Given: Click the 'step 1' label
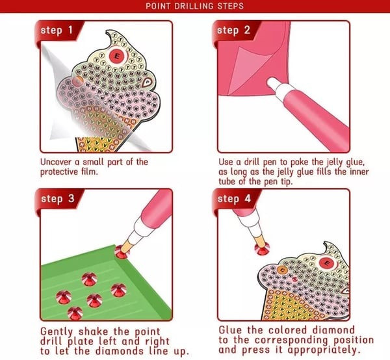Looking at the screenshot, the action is point(57,31).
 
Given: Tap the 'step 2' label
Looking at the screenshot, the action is point(233,31).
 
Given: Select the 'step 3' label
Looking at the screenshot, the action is point(58,199).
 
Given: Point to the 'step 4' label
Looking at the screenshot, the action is point(234,199).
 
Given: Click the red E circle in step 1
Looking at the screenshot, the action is point(117,56).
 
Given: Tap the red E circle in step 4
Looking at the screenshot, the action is point(327,263).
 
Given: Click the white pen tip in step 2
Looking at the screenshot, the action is point(274,83).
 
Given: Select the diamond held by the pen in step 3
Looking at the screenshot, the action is point(122,251).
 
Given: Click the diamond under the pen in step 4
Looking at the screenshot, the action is point(262,249).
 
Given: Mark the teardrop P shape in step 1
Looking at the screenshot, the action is point(148,81).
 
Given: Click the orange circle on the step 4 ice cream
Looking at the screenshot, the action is point(282,270).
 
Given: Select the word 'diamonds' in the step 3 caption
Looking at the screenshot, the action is point(120,351).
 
